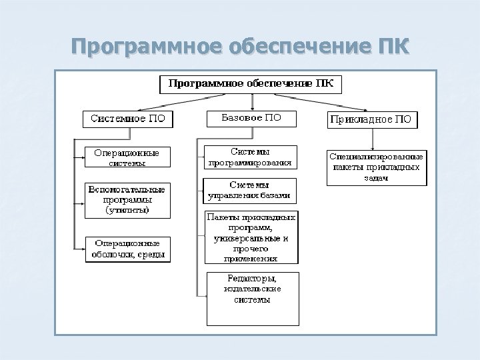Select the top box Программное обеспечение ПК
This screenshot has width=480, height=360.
[250, 85]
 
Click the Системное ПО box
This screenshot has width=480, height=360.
[127, 119]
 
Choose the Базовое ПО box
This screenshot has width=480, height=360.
[251, 118]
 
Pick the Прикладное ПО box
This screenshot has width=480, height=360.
[373, 120]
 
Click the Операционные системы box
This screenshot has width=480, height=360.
[127, 157]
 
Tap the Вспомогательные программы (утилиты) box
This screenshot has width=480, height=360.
[127, 199]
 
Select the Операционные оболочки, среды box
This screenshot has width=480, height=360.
[127, 249]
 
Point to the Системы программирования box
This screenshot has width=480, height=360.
[250, 157]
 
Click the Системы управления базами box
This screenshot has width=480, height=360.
[250, 190]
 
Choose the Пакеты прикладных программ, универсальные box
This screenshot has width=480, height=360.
[251, 237]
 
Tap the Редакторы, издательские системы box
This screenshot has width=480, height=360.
[252, 297]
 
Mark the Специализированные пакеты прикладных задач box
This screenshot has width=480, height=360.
[377, 167]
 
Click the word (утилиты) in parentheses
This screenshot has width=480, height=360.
[127, 210]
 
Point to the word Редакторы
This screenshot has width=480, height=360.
[252, 278]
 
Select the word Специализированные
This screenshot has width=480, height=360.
[377, 156]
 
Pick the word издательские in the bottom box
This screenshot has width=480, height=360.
[252, 289]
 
